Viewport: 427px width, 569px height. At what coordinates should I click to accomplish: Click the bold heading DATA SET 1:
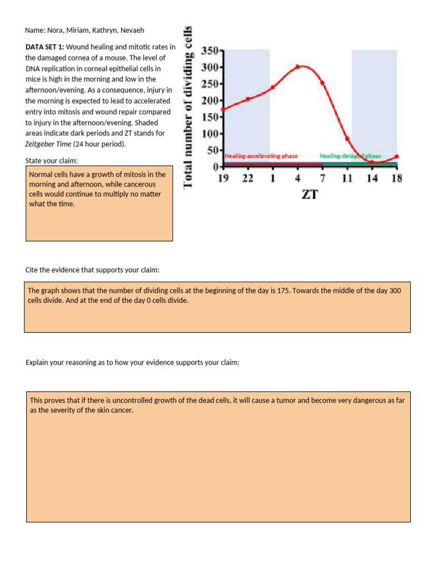point(44,48)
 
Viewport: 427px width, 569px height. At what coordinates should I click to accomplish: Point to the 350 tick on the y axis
point(212,50)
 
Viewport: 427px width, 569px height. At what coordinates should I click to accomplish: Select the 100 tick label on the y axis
point(212,133)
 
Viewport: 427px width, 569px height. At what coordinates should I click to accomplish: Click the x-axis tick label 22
point(247,178)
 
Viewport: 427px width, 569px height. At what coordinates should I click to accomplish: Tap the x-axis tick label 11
point(347,178)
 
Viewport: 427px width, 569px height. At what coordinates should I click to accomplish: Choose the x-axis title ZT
point(310,195)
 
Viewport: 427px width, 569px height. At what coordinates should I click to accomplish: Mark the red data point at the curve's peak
point(297,67)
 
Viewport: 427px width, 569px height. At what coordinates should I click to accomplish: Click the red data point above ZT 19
point(224,109)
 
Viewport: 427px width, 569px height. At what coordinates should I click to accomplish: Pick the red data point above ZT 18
point(396,157)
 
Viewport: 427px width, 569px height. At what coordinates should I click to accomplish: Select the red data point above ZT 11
point(347,139)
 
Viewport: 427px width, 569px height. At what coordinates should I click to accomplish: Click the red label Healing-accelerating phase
point(261,156)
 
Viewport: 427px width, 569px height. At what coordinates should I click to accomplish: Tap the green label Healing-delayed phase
point(350,156)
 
